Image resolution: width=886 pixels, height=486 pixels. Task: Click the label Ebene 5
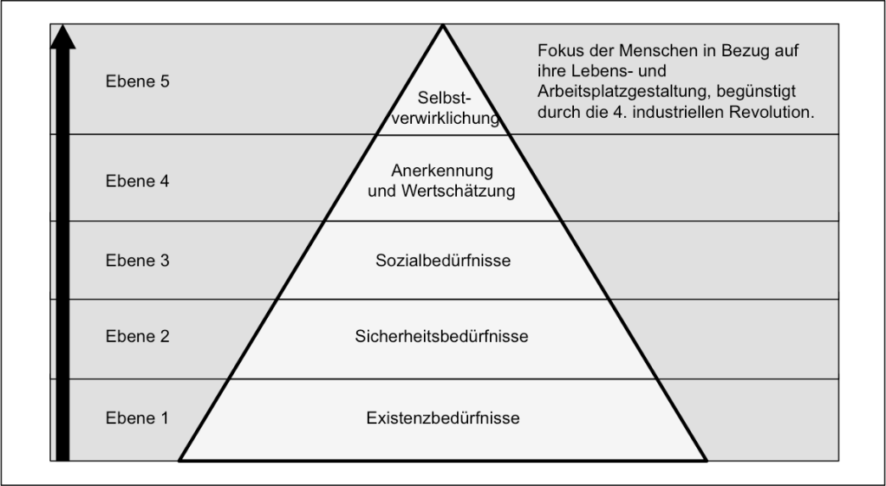tap(137, 82)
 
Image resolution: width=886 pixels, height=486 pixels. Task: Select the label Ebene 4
tap(137, 182)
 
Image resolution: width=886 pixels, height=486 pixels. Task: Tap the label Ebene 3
tap(137, 260)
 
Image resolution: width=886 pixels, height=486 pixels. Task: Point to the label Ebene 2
tap(137, 336)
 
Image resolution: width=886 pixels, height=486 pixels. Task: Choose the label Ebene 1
tap(137, 418)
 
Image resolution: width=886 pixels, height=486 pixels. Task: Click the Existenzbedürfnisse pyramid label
tap(443, 418)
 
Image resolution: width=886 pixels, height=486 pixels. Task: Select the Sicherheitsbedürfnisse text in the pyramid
tap(441, 336)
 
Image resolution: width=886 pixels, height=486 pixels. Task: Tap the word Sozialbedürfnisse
tap(443, 260)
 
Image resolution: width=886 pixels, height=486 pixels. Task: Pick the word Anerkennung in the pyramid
tap(442, 172)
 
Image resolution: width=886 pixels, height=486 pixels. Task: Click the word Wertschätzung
tap(459, 191)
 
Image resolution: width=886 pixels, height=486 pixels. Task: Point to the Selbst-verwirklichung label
tap(443, 107)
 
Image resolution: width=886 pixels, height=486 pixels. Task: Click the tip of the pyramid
tap(443, 27)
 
